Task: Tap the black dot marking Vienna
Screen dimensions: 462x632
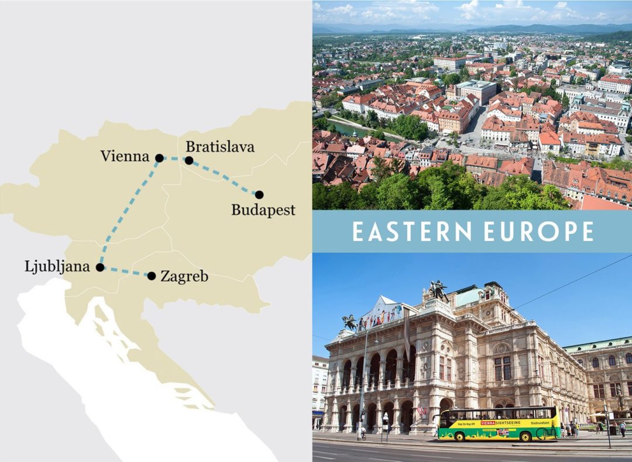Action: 159,158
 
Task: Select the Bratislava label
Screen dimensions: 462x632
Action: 220,147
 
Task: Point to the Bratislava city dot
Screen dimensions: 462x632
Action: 189,160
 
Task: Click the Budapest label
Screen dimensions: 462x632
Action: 263,210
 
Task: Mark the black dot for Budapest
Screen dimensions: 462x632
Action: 259,195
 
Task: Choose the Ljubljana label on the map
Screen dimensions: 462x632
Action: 57,267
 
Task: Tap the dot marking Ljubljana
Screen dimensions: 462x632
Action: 100,267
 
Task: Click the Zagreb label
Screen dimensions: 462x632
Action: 184,277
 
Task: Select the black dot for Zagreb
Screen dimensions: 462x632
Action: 152,276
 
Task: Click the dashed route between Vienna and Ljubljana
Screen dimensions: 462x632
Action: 129,213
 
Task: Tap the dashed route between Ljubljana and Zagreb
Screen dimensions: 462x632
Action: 126,271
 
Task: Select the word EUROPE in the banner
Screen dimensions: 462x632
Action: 539,232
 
